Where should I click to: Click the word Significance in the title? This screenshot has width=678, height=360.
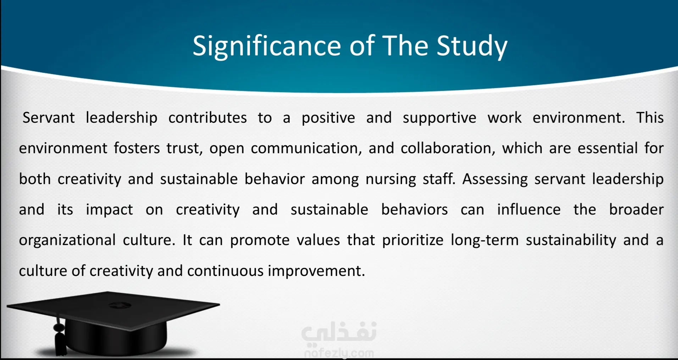(267, 46)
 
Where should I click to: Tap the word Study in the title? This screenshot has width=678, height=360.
(472, 46)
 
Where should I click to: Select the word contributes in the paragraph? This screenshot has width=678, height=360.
(207, 118)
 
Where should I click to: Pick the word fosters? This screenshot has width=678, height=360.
(137, 148)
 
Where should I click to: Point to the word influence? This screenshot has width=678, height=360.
(529, 210)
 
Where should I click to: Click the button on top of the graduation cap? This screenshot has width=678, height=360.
(120, 305)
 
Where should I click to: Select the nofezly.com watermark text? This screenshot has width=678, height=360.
(339, 353)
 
